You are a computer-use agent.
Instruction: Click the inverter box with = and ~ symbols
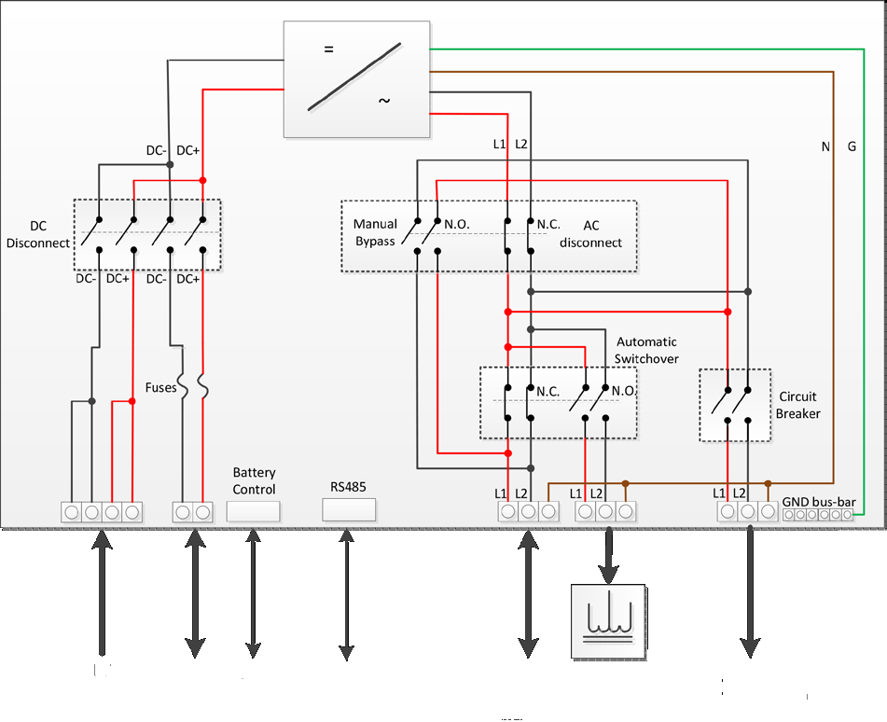[x=356, y=79]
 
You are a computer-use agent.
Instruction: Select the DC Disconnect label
[x=38, y=234]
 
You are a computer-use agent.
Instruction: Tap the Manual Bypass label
[x=375, y=232]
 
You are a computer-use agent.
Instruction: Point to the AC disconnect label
[x=590, y=234]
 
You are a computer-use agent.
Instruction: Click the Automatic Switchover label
[x=646, y=350]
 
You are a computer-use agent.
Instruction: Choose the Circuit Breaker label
[x=797, y=405]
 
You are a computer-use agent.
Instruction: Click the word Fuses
[x=160, y=388]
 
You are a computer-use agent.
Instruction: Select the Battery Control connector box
[x=254, y=511]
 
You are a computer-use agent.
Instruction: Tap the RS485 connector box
[x=349, y=510]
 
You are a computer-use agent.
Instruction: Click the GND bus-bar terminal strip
[x=817, y=514]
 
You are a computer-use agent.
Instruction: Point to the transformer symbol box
[x=608, y=621]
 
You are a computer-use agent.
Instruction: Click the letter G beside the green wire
[x=852, y=146]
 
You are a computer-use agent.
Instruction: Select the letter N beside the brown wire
[x=825, y=146]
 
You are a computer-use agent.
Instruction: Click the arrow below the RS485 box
[x=346, y=594]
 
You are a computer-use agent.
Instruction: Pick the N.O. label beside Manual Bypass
[x=456, y=224]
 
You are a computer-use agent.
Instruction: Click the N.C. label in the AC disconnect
[x=548, y=224]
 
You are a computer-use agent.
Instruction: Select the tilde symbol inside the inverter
[x=384, y=101]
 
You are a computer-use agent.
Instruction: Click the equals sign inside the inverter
[x=328, y=49]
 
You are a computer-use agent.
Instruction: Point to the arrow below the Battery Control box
[x=253, y=594]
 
